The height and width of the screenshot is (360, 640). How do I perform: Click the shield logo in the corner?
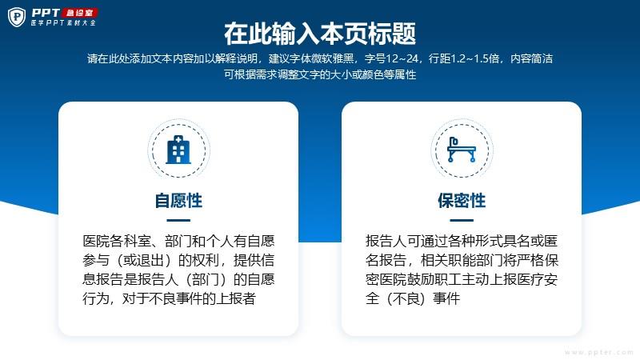(17, 17)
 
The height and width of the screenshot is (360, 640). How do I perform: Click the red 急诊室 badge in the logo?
(79, 13)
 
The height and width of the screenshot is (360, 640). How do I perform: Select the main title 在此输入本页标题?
(320, 34)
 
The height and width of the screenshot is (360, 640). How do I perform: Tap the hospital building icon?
(178, 150)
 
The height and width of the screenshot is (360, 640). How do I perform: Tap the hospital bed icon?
(462, 150)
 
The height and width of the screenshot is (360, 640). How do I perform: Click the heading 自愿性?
(178, 201)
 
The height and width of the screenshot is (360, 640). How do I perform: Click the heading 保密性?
(462, 201)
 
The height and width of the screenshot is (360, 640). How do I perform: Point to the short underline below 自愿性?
(178, 221)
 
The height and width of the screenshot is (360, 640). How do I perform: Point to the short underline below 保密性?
(462, 221)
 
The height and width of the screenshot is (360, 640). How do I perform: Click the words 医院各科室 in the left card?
(117, 242)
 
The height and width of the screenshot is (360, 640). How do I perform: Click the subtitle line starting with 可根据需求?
(320, 74)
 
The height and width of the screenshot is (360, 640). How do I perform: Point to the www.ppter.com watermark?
(598, 352)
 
